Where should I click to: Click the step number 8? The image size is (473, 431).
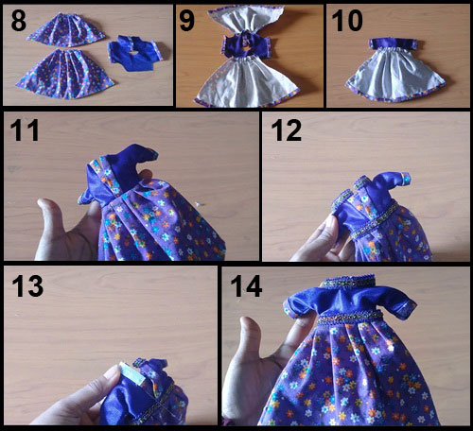tap(16, 19)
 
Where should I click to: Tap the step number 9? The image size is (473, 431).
tap(190, 19)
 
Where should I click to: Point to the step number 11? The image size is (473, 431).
tap(25, 131)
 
